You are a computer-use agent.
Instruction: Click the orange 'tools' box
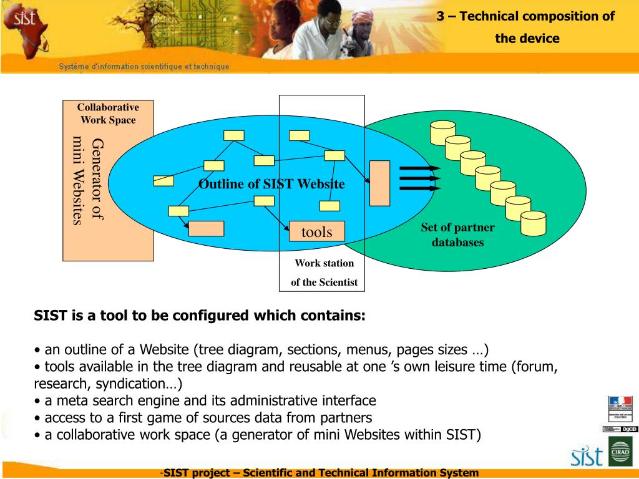point(316,232)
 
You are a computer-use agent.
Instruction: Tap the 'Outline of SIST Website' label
point(271,184)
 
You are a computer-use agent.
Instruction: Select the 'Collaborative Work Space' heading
point(108,114)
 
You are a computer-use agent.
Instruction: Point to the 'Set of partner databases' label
point(457,235)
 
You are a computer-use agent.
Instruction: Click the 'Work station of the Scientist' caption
point(324,273)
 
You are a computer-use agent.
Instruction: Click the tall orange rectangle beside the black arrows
point(379,183)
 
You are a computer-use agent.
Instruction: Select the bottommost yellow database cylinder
point(533,223)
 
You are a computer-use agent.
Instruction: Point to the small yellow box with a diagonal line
point(163,181)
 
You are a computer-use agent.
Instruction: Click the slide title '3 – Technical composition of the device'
point(525,27)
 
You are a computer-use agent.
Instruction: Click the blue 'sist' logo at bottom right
point(587,457)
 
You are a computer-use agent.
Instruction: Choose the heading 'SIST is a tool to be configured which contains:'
point(199,316)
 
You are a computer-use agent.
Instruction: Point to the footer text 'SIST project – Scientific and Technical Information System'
point(319,473)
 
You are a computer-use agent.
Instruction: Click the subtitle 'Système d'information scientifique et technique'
point(144,67)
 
